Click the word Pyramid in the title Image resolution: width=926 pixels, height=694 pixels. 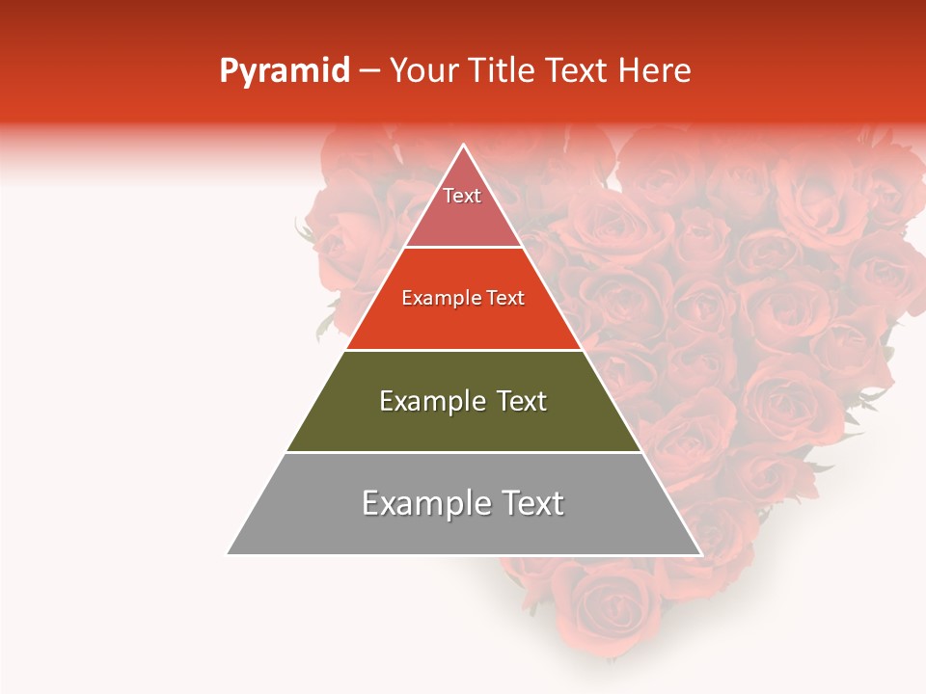pos(285,71)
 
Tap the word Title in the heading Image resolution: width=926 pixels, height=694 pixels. pos(503,70)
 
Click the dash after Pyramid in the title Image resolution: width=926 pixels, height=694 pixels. pos(368,71)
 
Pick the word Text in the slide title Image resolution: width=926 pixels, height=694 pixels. pos(578,70)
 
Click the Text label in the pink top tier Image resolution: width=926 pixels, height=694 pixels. pos(462,196)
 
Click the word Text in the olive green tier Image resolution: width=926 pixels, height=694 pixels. pos(521,401)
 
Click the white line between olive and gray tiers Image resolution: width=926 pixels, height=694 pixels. pos(464,452)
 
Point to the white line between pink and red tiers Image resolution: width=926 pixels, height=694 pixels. pos(464,248)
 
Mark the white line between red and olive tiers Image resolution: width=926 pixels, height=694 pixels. pos(464,350)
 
